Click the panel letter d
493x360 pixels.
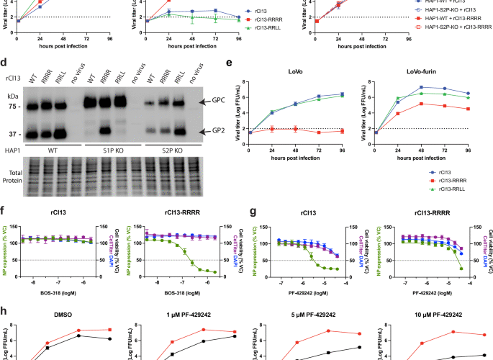tap(6, 63)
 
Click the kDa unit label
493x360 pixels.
tap(12, 94)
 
